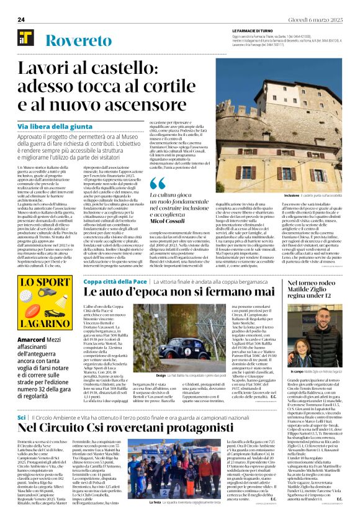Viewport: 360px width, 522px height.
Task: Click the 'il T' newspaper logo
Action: pos(25,38)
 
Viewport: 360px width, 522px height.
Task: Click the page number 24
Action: pos(21,20)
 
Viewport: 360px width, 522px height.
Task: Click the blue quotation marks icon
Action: pos(158,182)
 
